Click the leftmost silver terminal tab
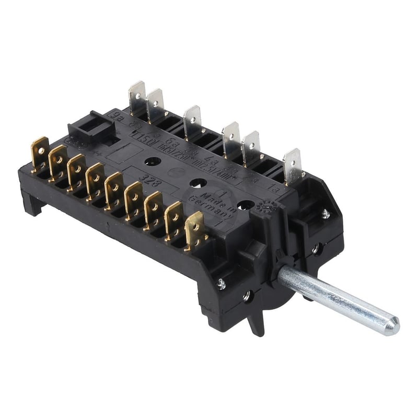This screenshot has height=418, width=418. [136, 96]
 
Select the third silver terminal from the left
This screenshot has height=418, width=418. [192, 120]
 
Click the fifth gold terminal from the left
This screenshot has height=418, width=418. [113, 188]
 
